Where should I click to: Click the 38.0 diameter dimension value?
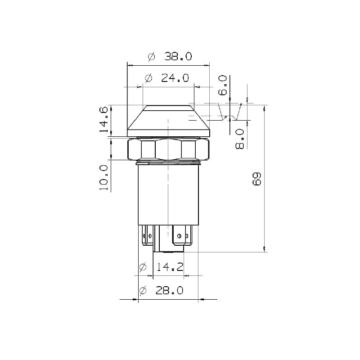pos(178,56)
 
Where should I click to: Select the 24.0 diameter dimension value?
pos(175,78)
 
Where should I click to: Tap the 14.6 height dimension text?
pos(104,119)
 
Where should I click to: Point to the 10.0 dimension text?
pos(104,178)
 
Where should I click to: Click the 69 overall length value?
pos(256,179)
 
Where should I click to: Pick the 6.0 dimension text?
pos(223,85)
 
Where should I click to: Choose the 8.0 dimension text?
pos(240,139)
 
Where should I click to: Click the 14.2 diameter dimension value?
pos(170,267)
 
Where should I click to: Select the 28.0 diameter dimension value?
pos(170,291)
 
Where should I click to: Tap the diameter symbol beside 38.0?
pos(152,57)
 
